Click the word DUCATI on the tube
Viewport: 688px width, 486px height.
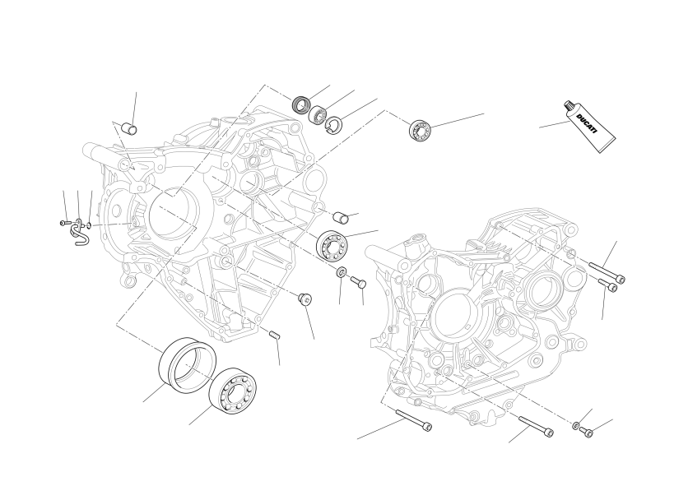[587, 123]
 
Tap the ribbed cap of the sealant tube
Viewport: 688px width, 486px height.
[569, 107]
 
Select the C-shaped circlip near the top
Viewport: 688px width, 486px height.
[334, 124]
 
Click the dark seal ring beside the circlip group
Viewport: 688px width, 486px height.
[301, 104]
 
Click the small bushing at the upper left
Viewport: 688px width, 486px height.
[129, 128]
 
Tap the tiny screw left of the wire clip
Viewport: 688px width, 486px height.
[65, 223]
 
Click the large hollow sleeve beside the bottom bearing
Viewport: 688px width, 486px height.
[187, 363]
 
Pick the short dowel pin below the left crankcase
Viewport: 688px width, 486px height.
[275, 335]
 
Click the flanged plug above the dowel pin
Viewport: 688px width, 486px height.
[305, 299]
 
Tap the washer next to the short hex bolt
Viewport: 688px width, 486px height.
[342, 272]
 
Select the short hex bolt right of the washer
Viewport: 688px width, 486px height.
[358, 281]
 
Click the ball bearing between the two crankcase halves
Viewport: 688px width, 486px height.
[332, 245]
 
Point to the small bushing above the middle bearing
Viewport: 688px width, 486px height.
[342, 217]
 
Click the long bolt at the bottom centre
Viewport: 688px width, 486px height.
[414, 419]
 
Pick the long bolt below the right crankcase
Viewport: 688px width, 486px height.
[536, 427]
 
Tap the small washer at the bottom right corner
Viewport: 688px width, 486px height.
[575, 425]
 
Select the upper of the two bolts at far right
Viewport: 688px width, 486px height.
[607, 272]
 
